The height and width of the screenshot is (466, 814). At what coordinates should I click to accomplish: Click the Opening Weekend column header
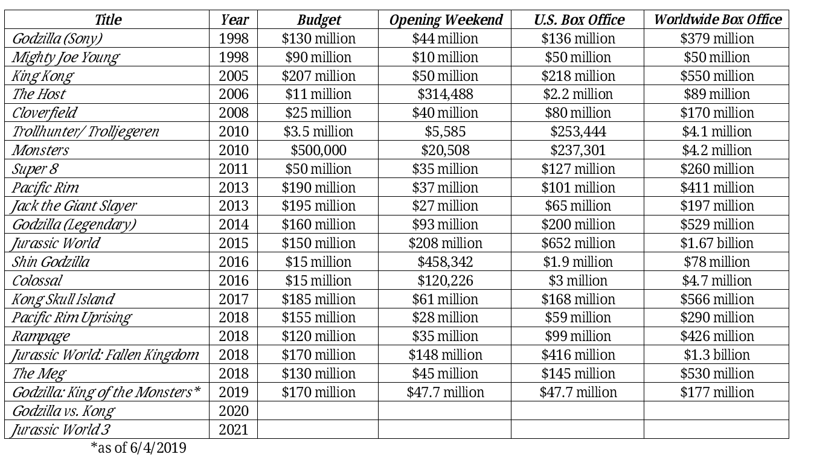pos(446,19)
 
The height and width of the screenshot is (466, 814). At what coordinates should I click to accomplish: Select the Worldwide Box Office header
pos(718,19)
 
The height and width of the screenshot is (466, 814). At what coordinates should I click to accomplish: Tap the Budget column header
pos(319,19)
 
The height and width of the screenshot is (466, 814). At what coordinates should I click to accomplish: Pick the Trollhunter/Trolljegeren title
pos(86,132)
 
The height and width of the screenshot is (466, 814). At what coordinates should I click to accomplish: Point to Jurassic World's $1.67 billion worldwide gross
pos(717,243)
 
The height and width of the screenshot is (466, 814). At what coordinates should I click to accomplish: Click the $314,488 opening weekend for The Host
pos(445,94)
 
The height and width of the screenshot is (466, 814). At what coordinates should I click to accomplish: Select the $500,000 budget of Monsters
pos(318,150)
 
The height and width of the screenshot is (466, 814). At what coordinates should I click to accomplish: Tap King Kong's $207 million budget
pos(318,76)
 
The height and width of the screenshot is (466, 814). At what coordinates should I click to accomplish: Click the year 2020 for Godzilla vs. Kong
pos(234,411)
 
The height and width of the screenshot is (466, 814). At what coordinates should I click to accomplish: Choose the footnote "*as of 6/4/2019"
pos(138,448)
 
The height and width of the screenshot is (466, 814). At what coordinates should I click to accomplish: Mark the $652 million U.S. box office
pos(578,243)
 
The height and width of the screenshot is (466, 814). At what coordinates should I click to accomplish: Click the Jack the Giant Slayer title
pos(74,206)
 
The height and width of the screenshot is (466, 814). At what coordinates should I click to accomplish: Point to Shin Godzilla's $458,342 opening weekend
pos(445,262)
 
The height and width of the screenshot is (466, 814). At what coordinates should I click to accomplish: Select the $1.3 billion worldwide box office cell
pos(717,355)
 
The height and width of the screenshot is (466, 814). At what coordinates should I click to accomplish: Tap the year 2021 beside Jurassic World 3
pos(234,430)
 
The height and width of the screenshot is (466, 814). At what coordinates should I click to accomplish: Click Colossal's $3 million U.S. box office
pos(578,281)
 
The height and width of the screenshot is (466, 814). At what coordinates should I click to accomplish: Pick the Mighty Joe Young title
pos(65,57)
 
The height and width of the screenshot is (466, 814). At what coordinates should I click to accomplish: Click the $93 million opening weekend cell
pos(445,225)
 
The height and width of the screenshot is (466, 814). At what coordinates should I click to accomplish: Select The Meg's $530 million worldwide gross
pos(717,374)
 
